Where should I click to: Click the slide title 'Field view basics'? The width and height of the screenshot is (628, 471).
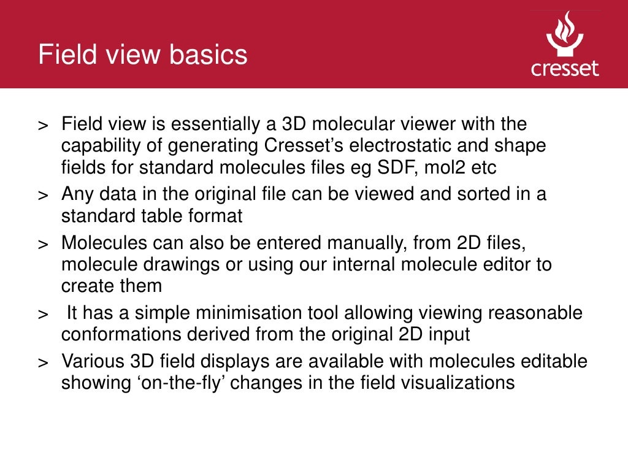[x=142, y=55]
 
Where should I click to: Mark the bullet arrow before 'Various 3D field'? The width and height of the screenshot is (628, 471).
[x=43, y=363]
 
